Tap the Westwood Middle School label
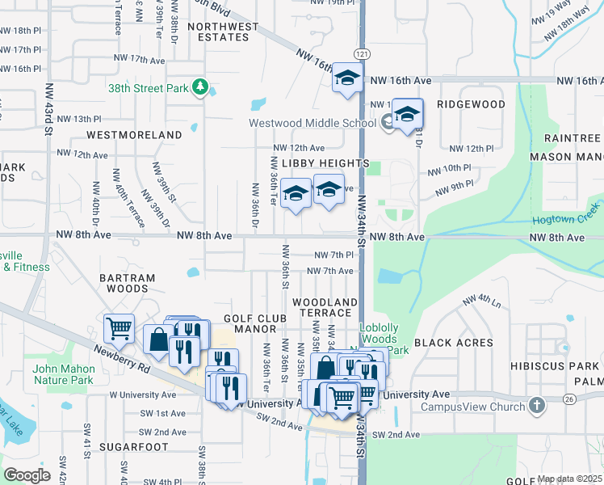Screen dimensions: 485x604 [x=312, y=123]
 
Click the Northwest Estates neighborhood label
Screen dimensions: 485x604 [x=223, y=32]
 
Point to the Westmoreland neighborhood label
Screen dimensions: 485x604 [x=134, y=134]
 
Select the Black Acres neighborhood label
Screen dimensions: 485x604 [x=453, y=343]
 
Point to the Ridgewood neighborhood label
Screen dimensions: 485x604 [x=471, y=104]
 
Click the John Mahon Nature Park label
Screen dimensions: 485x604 [x=64, y=374]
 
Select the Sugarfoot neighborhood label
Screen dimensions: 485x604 [x=132, y=446]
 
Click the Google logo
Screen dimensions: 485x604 [x=27, y=475]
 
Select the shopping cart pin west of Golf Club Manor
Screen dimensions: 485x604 [x=119, y=328]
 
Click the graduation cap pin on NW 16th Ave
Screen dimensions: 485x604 [x=347, y=78]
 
